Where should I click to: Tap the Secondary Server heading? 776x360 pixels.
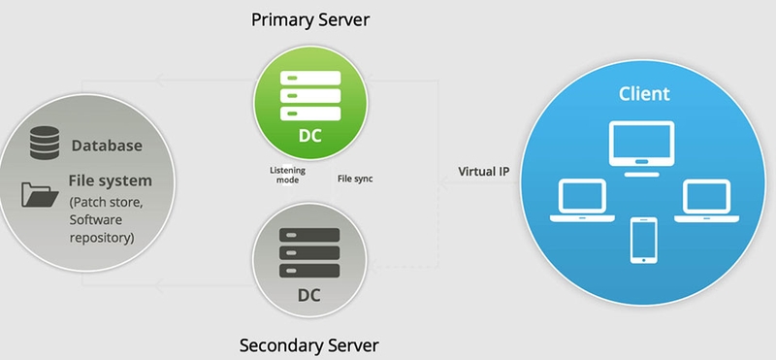coord(308,344)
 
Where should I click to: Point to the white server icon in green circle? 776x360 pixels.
coord(309,94)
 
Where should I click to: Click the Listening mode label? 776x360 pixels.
coord(285,175)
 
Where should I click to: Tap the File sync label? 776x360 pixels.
coord(355,179)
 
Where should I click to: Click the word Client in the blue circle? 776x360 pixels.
coord(645,94)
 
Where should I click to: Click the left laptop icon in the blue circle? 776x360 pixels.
coord(579,201)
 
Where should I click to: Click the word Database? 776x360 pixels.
coord(107,147)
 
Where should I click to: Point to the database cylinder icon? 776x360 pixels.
coord(44,143)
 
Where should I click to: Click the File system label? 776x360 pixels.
coord(110,180)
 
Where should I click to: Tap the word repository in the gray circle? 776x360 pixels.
coord(101,237)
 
